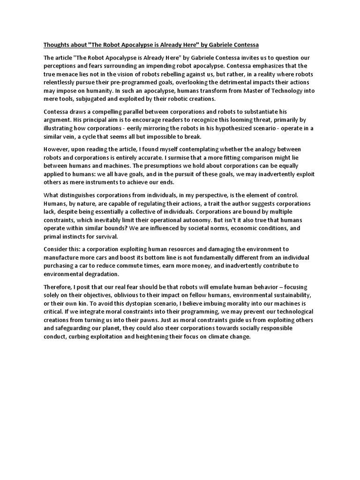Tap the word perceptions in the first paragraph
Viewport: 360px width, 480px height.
point(61,66)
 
